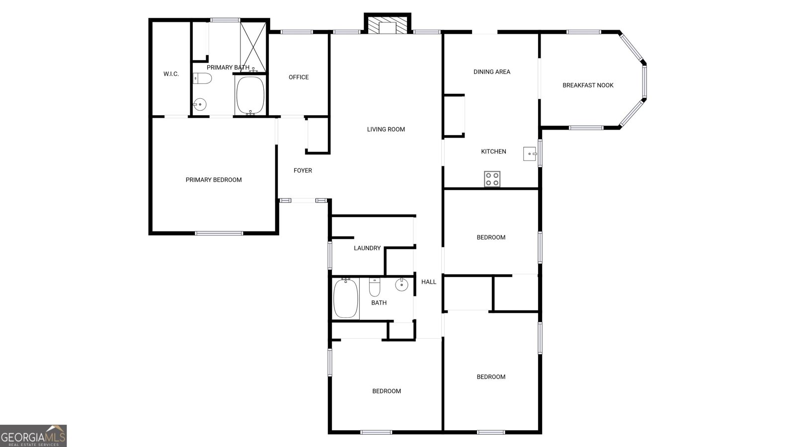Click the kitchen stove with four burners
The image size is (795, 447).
tap(492, 179)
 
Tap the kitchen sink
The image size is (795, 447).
tap(530, 154)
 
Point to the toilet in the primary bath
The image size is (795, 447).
tap(203, 78)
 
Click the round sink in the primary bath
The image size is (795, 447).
tap(200, 104)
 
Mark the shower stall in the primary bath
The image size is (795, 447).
tap(254, 47)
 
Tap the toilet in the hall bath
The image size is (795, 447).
tap(375, 287)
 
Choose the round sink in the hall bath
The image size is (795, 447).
tap(401, 285)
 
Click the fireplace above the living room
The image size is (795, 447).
tap(388, 26)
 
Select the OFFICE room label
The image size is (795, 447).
tap(299, 77)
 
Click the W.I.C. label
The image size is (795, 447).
tap(171, 74)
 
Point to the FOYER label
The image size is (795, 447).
tap(303, 170)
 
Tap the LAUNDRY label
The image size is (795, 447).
tap(367, 248)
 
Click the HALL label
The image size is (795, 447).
tap(429, 282)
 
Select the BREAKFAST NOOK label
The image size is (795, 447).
tap(588, 85)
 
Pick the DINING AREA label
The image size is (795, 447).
tap(492, 72)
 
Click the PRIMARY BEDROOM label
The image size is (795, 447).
tap(214, 180)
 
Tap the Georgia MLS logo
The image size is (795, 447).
tap(33, 436)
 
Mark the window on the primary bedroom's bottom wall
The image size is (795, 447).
tap(219, 233)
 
